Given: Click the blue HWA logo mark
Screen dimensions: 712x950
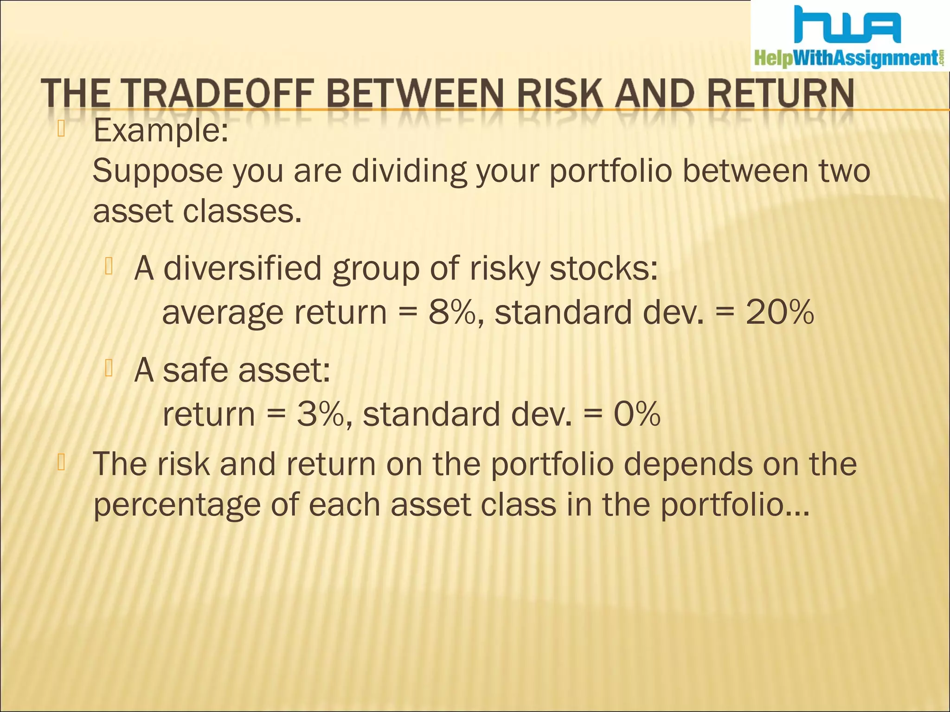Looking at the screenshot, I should [x=847, y=25].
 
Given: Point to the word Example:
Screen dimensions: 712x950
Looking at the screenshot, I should [x=160, y=131].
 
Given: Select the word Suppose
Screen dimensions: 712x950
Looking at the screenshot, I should [x=158, y=172].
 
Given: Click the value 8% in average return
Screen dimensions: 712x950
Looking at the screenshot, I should [x=452, y=312].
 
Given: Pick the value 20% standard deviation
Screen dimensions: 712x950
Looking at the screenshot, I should [x=779, y=312].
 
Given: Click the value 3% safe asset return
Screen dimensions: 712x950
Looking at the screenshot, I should [x=320, y=414].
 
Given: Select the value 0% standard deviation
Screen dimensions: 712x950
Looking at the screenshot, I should [x=637, y=414].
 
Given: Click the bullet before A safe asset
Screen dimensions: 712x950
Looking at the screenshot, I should [x=109, y=368].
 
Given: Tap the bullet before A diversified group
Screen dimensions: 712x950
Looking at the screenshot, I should [x=109, y=267].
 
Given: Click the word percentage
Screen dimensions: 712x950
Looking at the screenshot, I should [x=177, y=506].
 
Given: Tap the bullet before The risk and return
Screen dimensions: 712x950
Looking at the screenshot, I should [x=61, y=462].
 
